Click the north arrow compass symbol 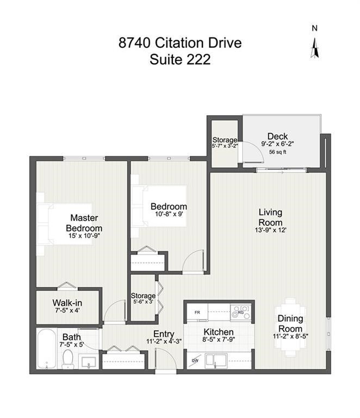[x=314, y=47]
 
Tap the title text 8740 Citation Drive [x=179, y=43]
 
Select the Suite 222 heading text [x=179, y=59]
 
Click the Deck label [x=277, y=136]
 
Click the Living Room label [x=270, y=217]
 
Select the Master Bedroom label [x=84, y=222]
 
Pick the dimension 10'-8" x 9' [x=169, y=215]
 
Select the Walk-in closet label [x=67, y=303]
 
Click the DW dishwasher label [x=195, y=360]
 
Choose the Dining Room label [x=290, y=324]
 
